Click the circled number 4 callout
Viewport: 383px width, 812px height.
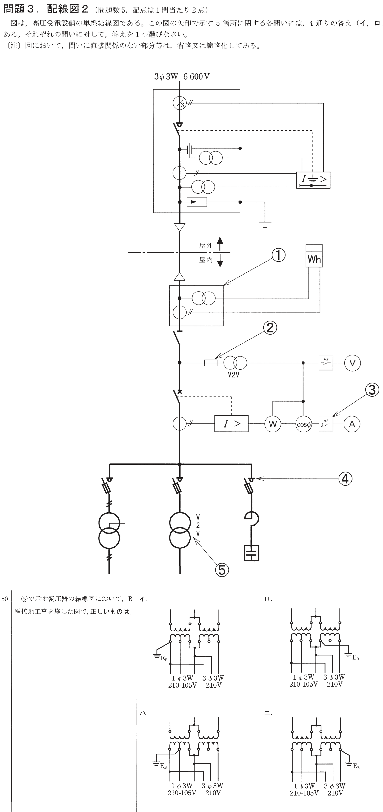[x=345, y=479]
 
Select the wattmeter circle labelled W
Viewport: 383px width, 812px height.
[x=273, y=424]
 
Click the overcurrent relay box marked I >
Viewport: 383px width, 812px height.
[x=231, y=424]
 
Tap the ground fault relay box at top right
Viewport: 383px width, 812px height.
[x=313, y=180]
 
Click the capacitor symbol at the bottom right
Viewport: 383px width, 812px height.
[x=251, y=553]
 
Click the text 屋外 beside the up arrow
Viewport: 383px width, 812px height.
[x=206, y=245]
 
